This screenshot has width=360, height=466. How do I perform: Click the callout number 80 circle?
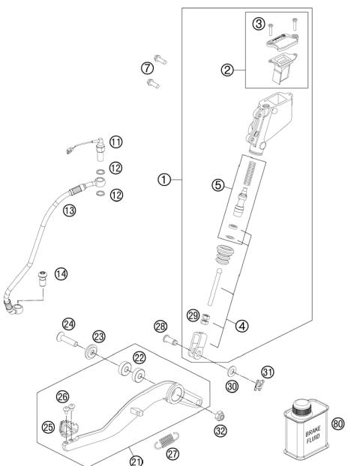click(337, 424)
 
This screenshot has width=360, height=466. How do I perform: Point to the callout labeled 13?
click(70, 211)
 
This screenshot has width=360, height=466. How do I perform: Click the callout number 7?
click(147, 68)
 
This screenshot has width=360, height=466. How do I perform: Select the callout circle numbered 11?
click(116, 142)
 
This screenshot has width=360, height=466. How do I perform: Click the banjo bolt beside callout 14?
click(43, 278)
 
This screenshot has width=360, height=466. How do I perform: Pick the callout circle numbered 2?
click(226, 71)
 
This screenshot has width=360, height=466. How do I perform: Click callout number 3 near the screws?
click(259, 25)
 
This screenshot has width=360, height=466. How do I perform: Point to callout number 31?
click(268, 372)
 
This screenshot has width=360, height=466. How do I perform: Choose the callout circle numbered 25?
click(49, 427)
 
